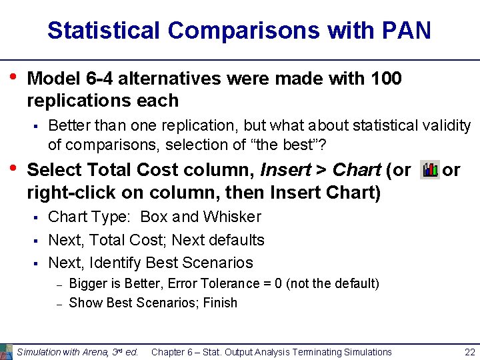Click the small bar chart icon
pyautogui.click(x=430, y=171)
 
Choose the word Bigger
pyautogui.click(x=89, y=284)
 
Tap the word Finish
pyautogui.click(x=221, y=303)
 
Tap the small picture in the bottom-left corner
pyautogui.click(x=6, y=351)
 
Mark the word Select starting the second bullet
pyautogui.click(x=52, y=171)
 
